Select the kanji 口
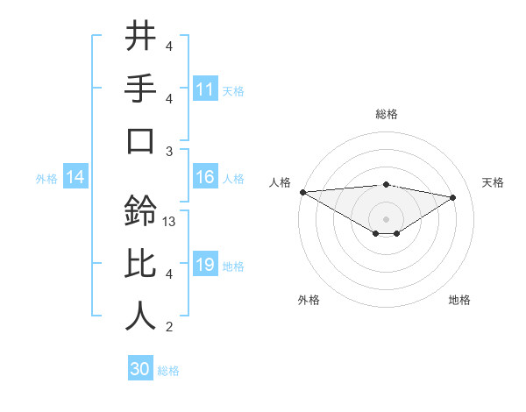coord(140,141)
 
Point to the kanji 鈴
coord(140,211)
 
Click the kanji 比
coord(140,263)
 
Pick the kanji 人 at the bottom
coord(140,316)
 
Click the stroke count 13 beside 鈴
coord(170,222)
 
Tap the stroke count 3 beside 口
coord(168,151)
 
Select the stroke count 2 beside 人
coord(168,327)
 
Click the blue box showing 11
coord(205,89)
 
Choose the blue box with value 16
coord(205,177)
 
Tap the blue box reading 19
coord(205,265)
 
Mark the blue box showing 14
coord(75,178)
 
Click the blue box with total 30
coord(140,369)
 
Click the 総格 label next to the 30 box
coord(169,371)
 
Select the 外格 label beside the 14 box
coord(46,179)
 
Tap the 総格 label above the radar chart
coord(386,114)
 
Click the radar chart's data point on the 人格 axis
coord(302,192)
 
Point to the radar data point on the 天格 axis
coord(453,197)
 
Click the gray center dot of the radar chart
coord(386,217)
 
